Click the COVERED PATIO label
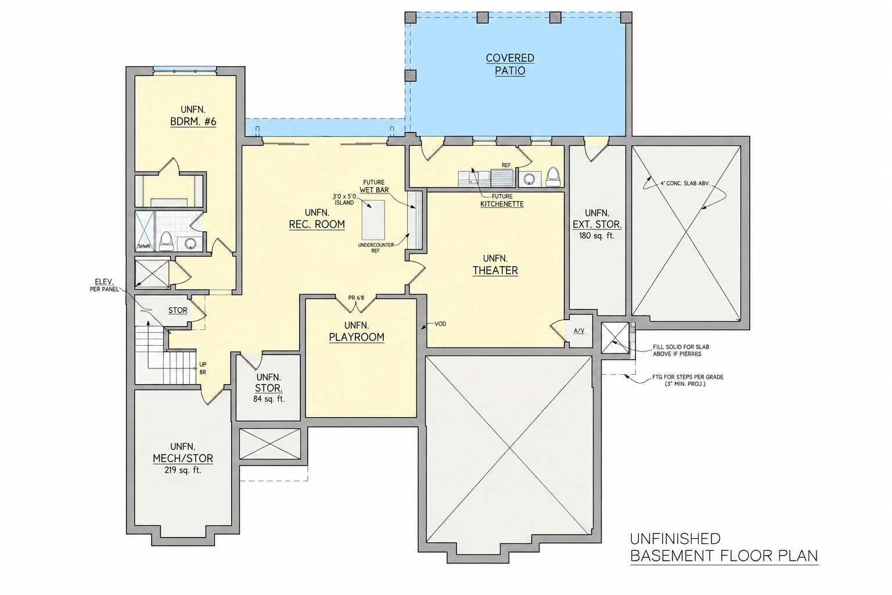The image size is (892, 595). tap(510, 64)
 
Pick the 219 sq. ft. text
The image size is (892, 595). tap(183, 470)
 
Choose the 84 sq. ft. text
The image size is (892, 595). tap(269, 399)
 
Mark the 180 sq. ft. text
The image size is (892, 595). tap(597, 235)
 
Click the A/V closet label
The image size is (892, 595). tap(579, 331)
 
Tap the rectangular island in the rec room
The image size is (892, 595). tap(373, 220)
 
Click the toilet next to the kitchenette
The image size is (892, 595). tap(553, 177)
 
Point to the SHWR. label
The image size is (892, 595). tap(145, 246)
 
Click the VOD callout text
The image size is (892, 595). tap(440, 324)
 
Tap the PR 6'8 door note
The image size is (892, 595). tap(356, 297)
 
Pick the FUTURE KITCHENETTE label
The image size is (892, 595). tap(502, 200)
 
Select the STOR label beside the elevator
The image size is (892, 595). tap(178, 310)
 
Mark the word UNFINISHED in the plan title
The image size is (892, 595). tap(675, 539)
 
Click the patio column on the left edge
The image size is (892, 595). tap(411, 76)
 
